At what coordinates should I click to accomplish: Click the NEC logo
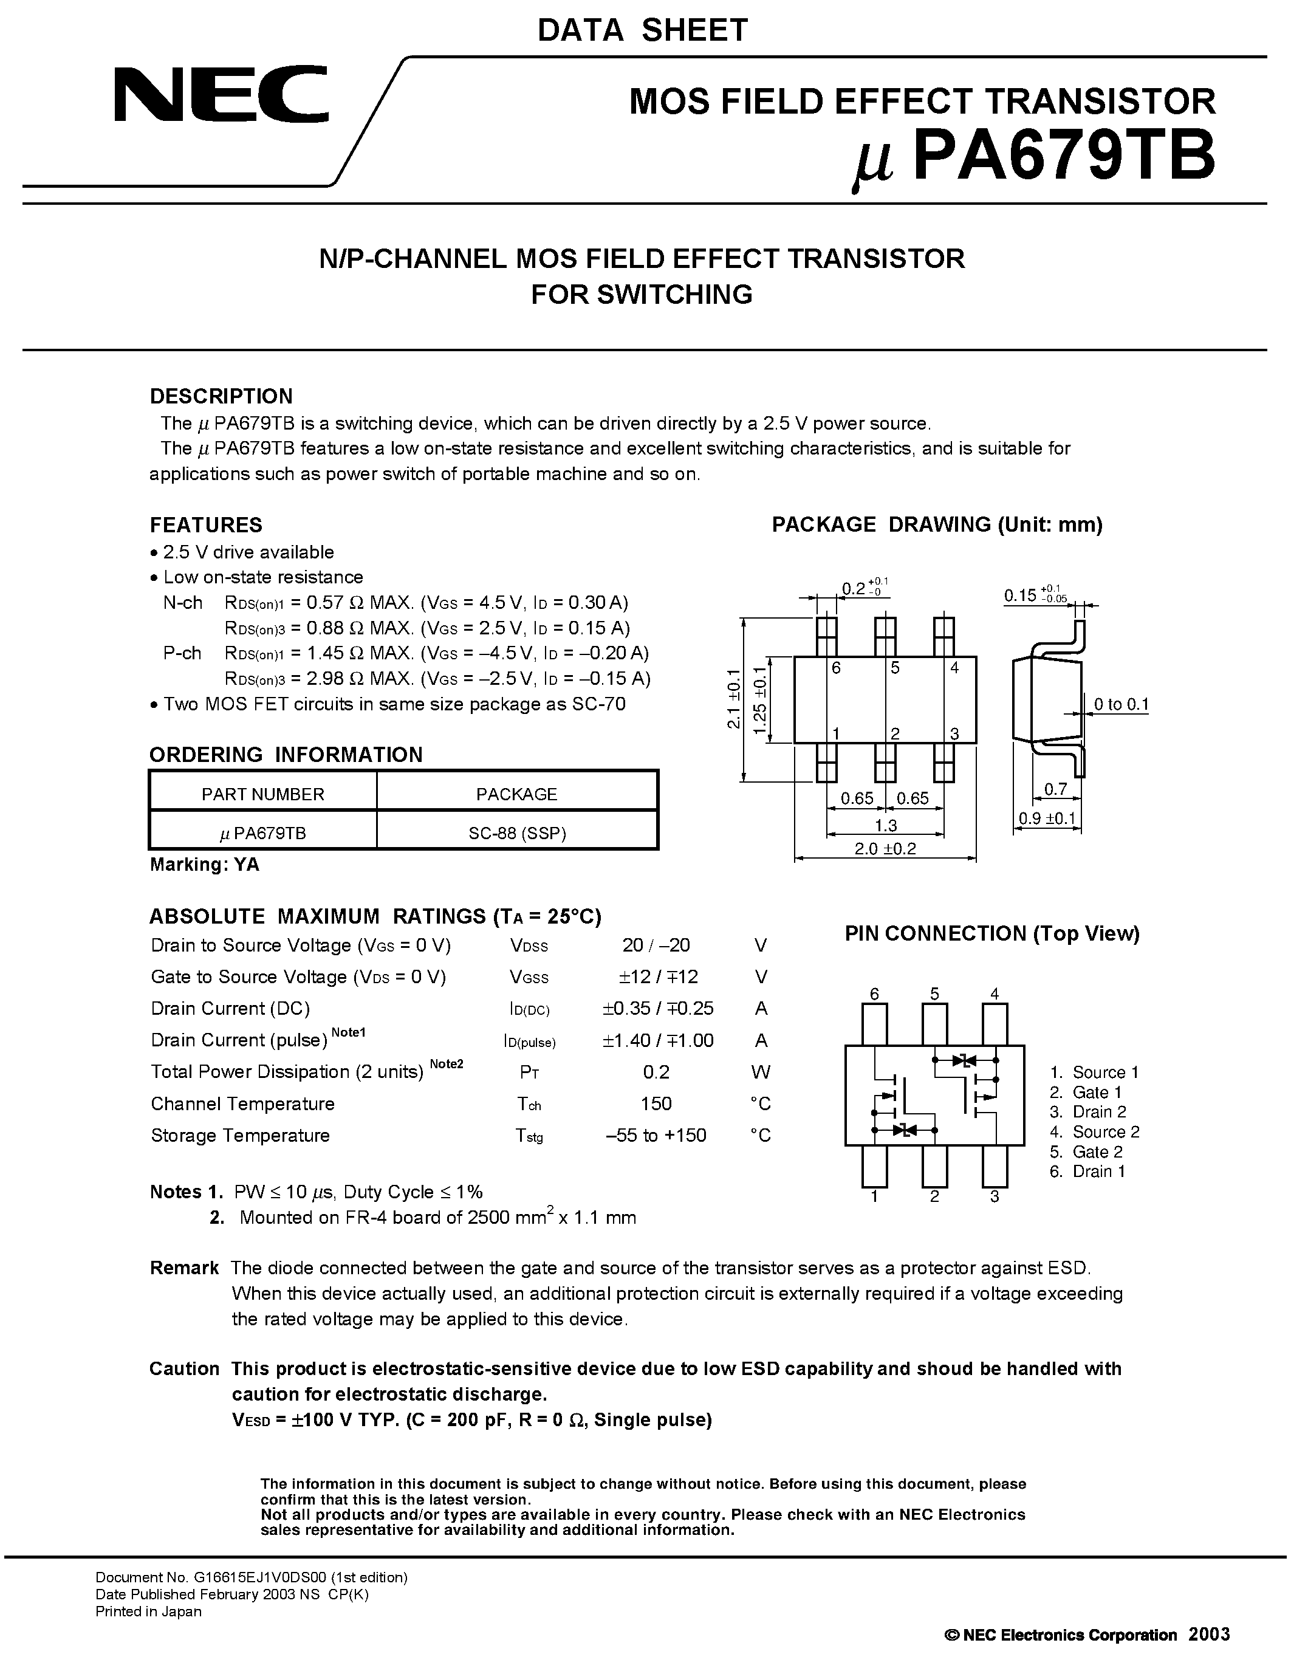pyautogui.click(x=221, y=94)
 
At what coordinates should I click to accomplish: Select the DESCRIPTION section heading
pyautogui.click(x=221, y=396)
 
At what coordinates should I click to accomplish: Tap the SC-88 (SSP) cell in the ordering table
pyautogui.click(x=517, y=833)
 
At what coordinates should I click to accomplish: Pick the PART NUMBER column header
pyautogui.click(x=262, y=794)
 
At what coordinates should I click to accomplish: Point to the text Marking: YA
pyautogui.click(x=204, y=865)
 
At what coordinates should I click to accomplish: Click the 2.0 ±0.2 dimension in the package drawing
pyautogui.click(x=885, y=848)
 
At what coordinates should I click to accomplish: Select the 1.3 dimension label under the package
pyautogui.click(x=885, y=825)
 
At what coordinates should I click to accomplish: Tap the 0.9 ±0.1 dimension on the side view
pyautogui.click(x=1047, y=818)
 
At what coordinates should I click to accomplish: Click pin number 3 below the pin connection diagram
pyautogui.click(x=995, y=1196)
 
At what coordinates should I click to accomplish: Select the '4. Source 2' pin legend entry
pyautogui.click(x=1094, y=1131)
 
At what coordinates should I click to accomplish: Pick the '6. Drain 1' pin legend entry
pyautogui.click(x=1087, y=1172)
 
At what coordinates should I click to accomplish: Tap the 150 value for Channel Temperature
pyautogui.click(x=656, y=1103)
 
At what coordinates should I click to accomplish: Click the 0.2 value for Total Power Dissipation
pyautogui.click(x=656, y=1072)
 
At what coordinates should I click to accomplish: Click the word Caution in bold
pyautogui.click(x=183, y=1369)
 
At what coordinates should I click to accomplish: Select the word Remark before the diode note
pyautogui.click(x=183, y=1268)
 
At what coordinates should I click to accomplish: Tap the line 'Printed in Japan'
pyautogui.click(x=148, y=1611)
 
